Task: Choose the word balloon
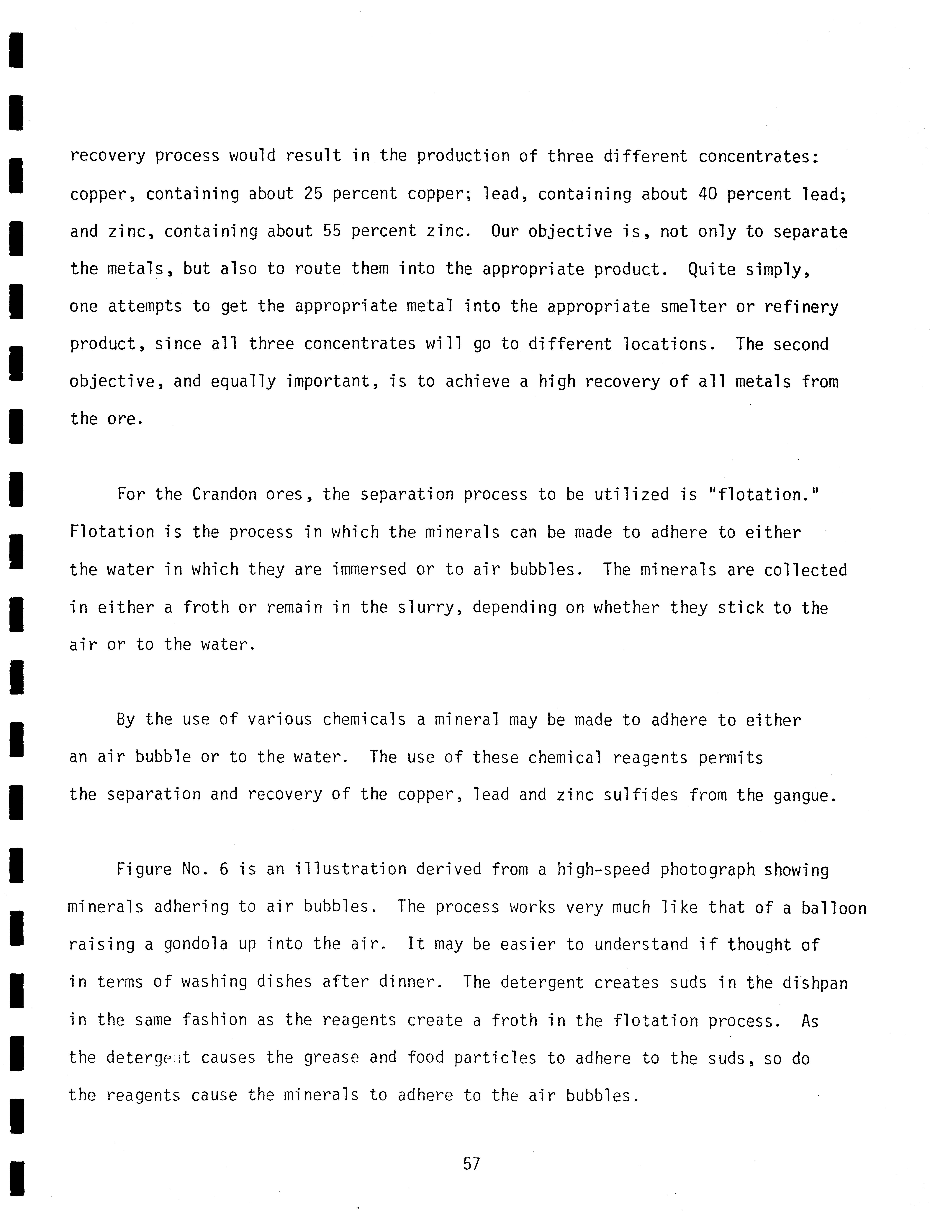click(833, 908)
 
